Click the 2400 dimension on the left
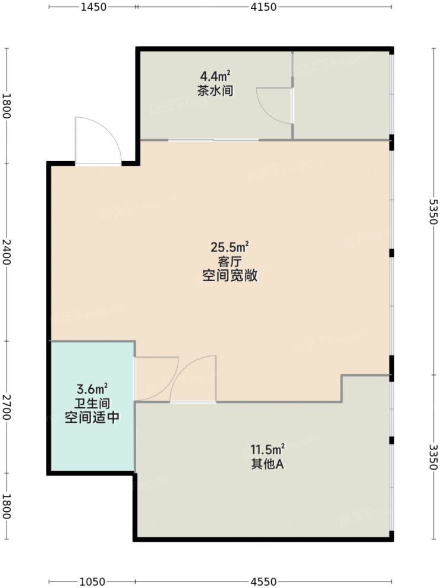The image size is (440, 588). click(x=7, y=253)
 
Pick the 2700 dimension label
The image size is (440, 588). click(x=7, y=407)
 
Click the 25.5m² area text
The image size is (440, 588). click(x=230, y=247)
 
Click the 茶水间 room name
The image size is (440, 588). click(x=215, y=91)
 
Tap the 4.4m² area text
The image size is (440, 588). click(x=215, y=76)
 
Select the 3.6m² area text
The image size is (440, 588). click(x=92, y=389)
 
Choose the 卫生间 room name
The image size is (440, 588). click(x=92, y=404)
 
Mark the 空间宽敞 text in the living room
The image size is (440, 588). click(x=230, y=276)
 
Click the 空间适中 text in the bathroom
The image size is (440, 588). click(x=92, y=418)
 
